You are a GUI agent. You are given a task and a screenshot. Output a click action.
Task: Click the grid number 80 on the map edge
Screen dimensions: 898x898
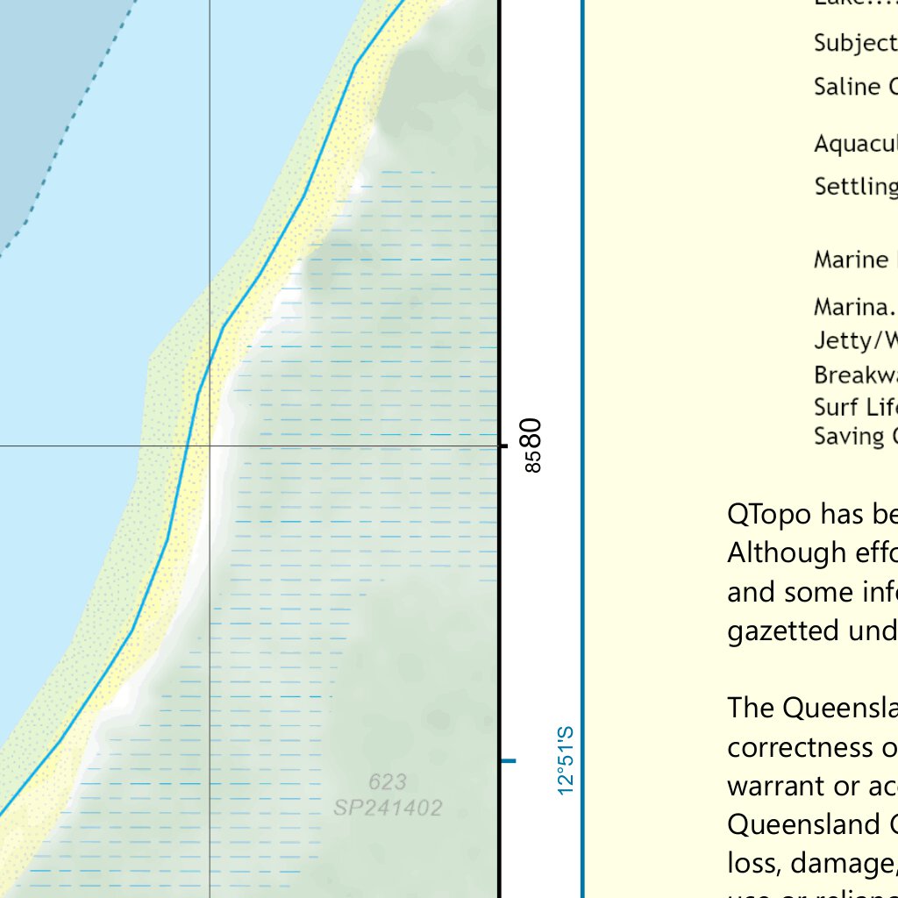click(x=531, y=431)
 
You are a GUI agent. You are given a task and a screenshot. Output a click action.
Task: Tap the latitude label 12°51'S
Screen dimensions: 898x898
click(x=565, y=760)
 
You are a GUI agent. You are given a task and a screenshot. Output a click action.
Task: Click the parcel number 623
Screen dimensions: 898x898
click(x=387, y=781)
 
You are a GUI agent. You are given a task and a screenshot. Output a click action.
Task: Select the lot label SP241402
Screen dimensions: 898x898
click(x=387, y=807)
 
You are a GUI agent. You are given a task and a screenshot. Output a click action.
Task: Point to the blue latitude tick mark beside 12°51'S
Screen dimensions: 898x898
click(x=508, y=760)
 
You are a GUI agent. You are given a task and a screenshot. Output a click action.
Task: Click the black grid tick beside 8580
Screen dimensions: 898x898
click(x=503, y=446)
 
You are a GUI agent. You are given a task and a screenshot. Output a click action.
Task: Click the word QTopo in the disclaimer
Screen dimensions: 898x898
click(x=769, y=515)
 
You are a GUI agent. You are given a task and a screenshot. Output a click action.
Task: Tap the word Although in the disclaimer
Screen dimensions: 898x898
click(x=783, y=553)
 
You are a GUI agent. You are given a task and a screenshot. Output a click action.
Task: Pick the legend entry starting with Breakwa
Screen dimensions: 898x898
click(x=855, y=375)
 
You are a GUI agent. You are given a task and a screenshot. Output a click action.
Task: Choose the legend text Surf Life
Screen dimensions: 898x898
click(x=855, y=408)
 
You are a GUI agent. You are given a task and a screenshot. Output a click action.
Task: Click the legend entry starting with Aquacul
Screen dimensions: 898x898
click(x=855, y=144)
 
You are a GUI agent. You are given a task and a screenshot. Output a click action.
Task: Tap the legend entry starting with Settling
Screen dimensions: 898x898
click(x=855, y=186)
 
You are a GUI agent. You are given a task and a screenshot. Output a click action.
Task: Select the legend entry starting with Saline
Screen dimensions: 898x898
click(x=855, y=87)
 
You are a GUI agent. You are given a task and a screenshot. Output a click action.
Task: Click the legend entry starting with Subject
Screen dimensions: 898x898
click(x=855, y=43)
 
